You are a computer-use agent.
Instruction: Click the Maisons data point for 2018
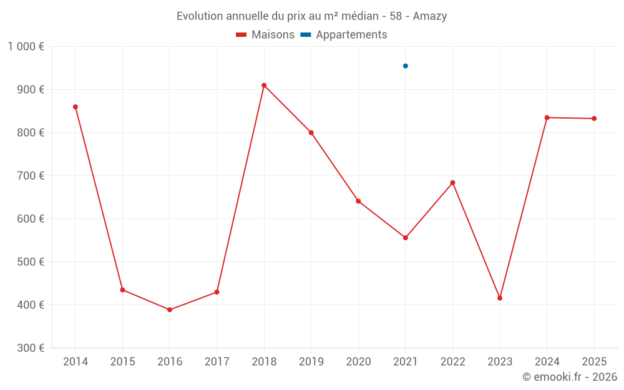point(264,85)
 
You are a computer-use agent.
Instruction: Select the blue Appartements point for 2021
point(406,66)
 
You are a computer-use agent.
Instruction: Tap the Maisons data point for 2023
point(500,298)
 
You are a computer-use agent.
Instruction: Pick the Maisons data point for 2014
point(76,107)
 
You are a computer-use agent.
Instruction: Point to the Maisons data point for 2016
point(170,310)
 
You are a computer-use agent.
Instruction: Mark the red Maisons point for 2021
point(406,238)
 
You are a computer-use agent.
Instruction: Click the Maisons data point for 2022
point(452,183)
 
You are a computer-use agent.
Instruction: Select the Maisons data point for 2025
point(594,119)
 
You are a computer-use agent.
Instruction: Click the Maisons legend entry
point(265,35)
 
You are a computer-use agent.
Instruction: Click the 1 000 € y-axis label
point(26,46)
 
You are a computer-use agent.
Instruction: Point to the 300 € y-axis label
point(29,348)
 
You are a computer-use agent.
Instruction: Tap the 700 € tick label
point(29,176)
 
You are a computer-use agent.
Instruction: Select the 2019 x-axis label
point(311,362)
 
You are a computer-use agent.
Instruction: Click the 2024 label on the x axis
point(547,362)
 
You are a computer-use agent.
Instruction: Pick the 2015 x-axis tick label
point(122,362)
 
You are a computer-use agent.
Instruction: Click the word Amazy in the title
point(430,16)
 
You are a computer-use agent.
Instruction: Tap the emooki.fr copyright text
point(570,377)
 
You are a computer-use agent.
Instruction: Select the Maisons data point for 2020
point(358,202)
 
